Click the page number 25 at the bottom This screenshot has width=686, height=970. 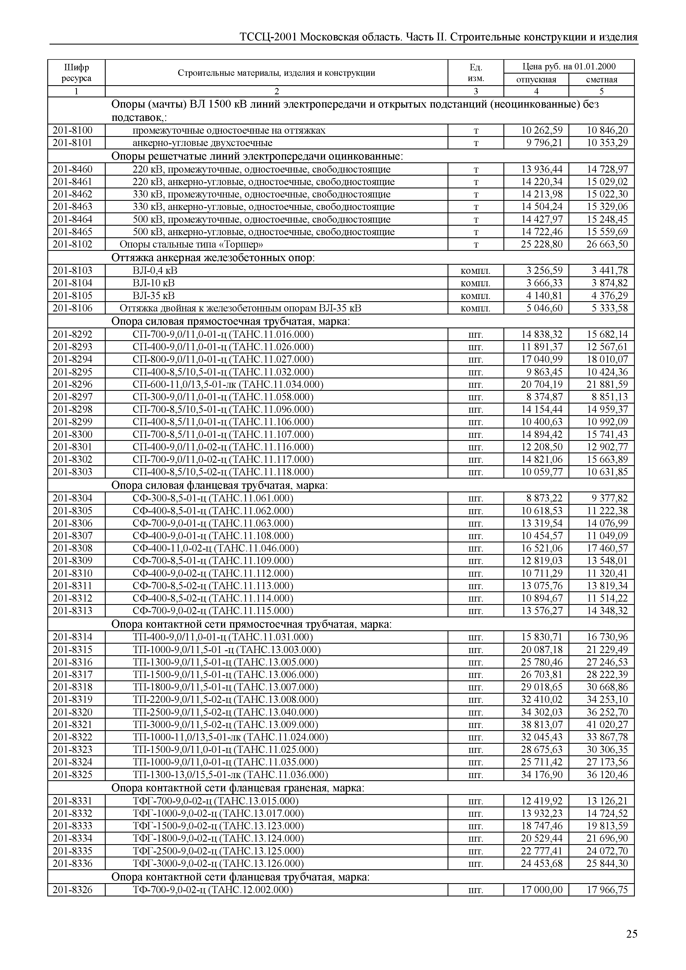(632, 934)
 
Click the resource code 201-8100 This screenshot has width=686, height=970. (72, 130)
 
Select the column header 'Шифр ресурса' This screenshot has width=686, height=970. (76, 73)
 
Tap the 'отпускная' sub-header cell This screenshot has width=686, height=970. (536, 79)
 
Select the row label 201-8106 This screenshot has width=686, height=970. (72, 308)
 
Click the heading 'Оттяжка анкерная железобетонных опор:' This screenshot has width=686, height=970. (213, 258)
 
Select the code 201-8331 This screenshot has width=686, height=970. (72, 800)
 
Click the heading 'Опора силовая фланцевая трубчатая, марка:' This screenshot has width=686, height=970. (219, 485)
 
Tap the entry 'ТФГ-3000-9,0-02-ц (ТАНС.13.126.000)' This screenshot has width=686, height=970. (218, 863)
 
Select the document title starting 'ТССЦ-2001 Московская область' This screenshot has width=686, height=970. (438, 37)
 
